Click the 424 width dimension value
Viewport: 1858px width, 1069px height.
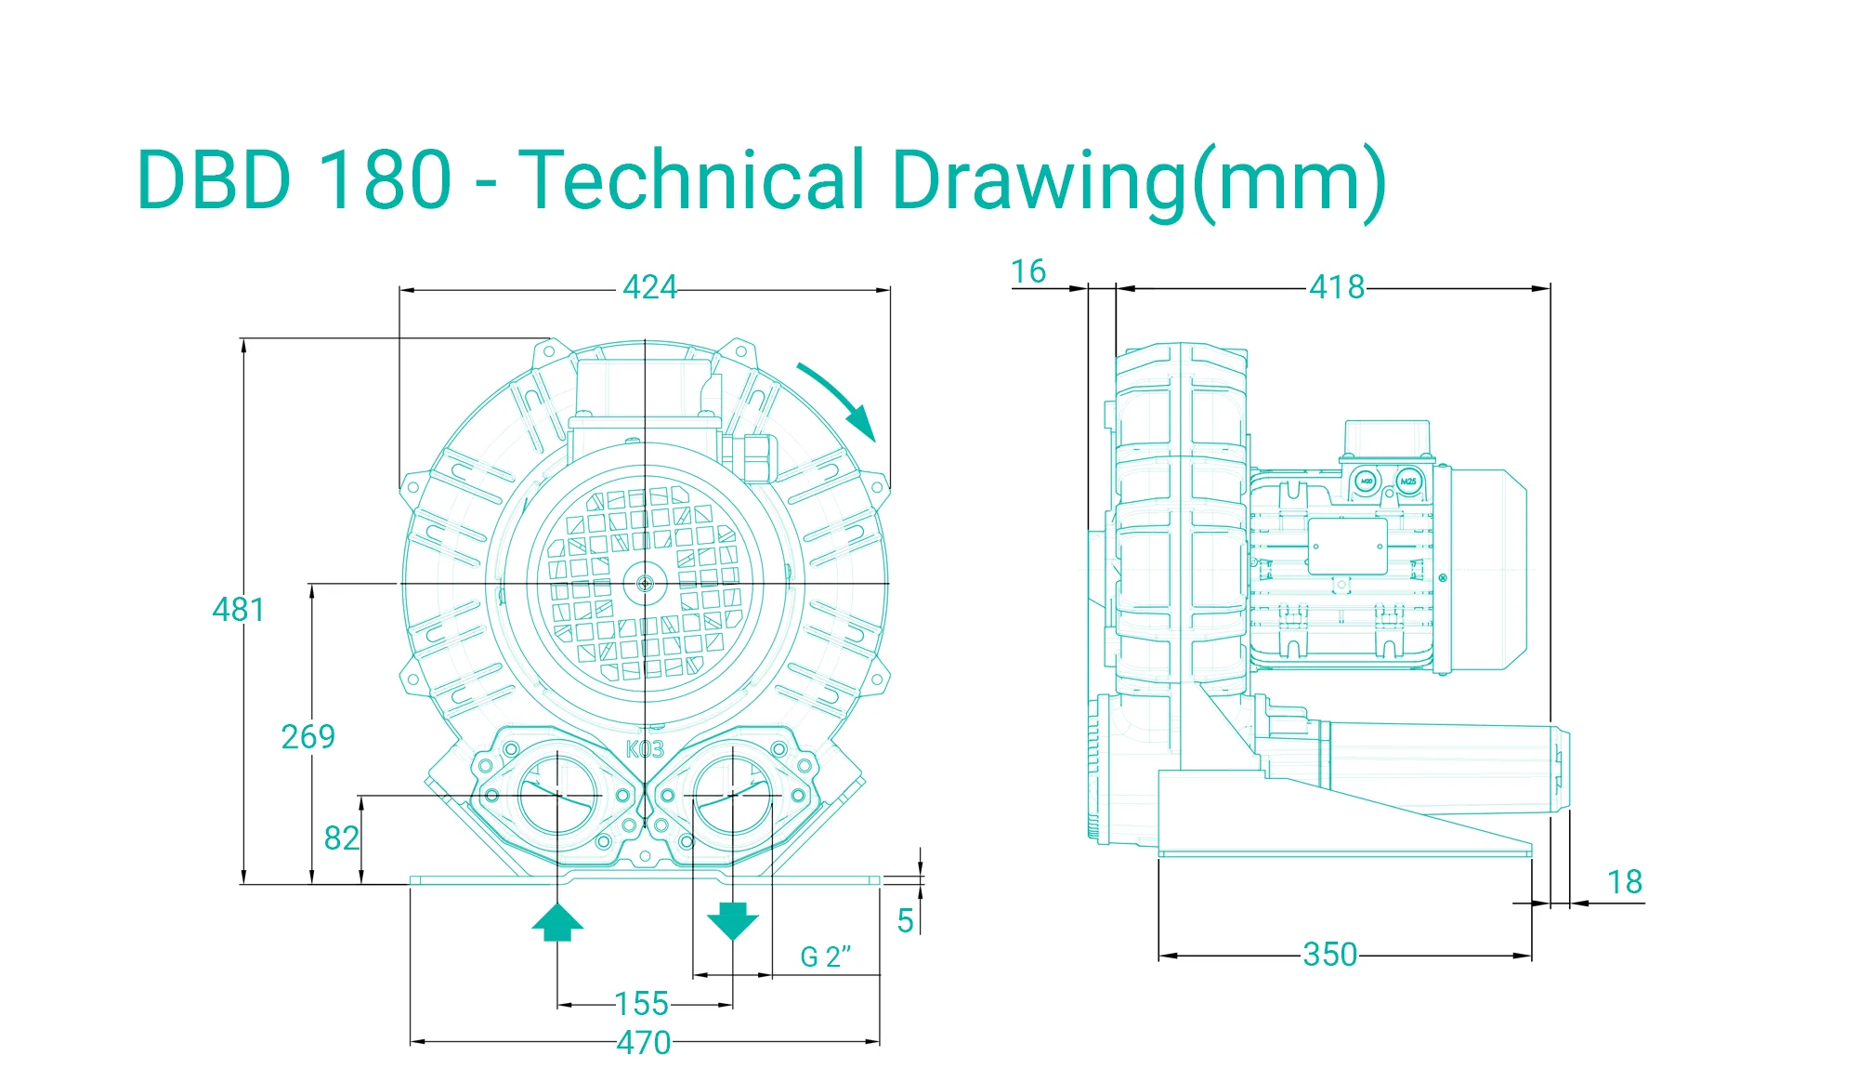(649, 287)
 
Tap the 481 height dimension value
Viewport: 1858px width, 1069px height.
(239, 610)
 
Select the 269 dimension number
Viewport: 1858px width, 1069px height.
(307, 737)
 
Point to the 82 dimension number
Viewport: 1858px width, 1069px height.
(341, 838)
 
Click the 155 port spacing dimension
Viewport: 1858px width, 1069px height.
(641, 1004)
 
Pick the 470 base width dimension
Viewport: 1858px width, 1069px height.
(644, 1043)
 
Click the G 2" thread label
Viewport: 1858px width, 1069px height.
(826, 957)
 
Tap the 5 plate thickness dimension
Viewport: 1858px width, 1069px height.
(906, 921)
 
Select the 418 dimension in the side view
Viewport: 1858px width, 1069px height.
(1337, 287)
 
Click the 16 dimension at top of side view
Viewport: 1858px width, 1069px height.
(1028, 271)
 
